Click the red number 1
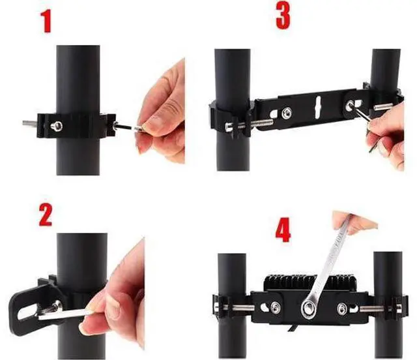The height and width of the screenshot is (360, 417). click(46, 22)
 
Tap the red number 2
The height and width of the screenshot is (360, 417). click(46, 215)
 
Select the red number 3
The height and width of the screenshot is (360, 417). click(283, 16)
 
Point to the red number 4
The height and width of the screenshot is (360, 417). click(283, 230)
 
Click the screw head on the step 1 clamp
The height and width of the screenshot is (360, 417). click(57, 126)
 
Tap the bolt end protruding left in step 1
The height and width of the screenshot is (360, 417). click(29, 123)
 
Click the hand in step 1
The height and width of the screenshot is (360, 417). click(161, 112)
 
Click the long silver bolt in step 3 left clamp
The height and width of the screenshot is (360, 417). click(250, 125)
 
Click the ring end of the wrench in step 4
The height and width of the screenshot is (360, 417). click(308, 309)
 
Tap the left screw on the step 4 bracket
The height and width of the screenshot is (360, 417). click(275, 308)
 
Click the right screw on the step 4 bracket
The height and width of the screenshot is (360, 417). click(342, 309)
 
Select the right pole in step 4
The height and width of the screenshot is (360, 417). click(388, 305)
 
